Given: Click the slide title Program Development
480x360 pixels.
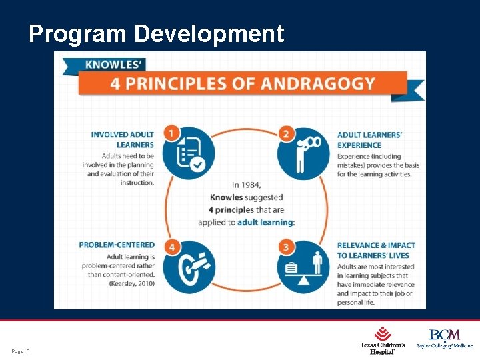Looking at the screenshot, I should pos(156,33).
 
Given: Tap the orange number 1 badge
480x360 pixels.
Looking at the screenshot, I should pos(172,134).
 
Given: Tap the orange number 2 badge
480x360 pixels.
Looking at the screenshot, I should pos(287,134).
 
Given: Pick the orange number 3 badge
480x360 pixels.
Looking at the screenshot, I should pos(287,247).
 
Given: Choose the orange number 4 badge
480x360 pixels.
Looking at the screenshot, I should pos(172,247).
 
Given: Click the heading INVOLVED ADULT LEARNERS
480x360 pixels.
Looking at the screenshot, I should pos(123,139).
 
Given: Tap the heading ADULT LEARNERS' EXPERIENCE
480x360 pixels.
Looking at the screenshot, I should pos(369,139).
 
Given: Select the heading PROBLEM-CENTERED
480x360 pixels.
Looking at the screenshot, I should pos(117,245).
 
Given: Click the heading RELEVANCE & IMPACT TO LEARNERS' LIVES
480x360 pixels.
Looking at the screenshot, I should pos(375,250).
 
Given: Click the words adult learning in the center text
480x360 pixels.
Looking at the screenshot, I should pos(265,222).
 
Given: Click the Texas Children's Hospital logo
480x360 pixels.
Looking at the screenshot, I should pos(382,339).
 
